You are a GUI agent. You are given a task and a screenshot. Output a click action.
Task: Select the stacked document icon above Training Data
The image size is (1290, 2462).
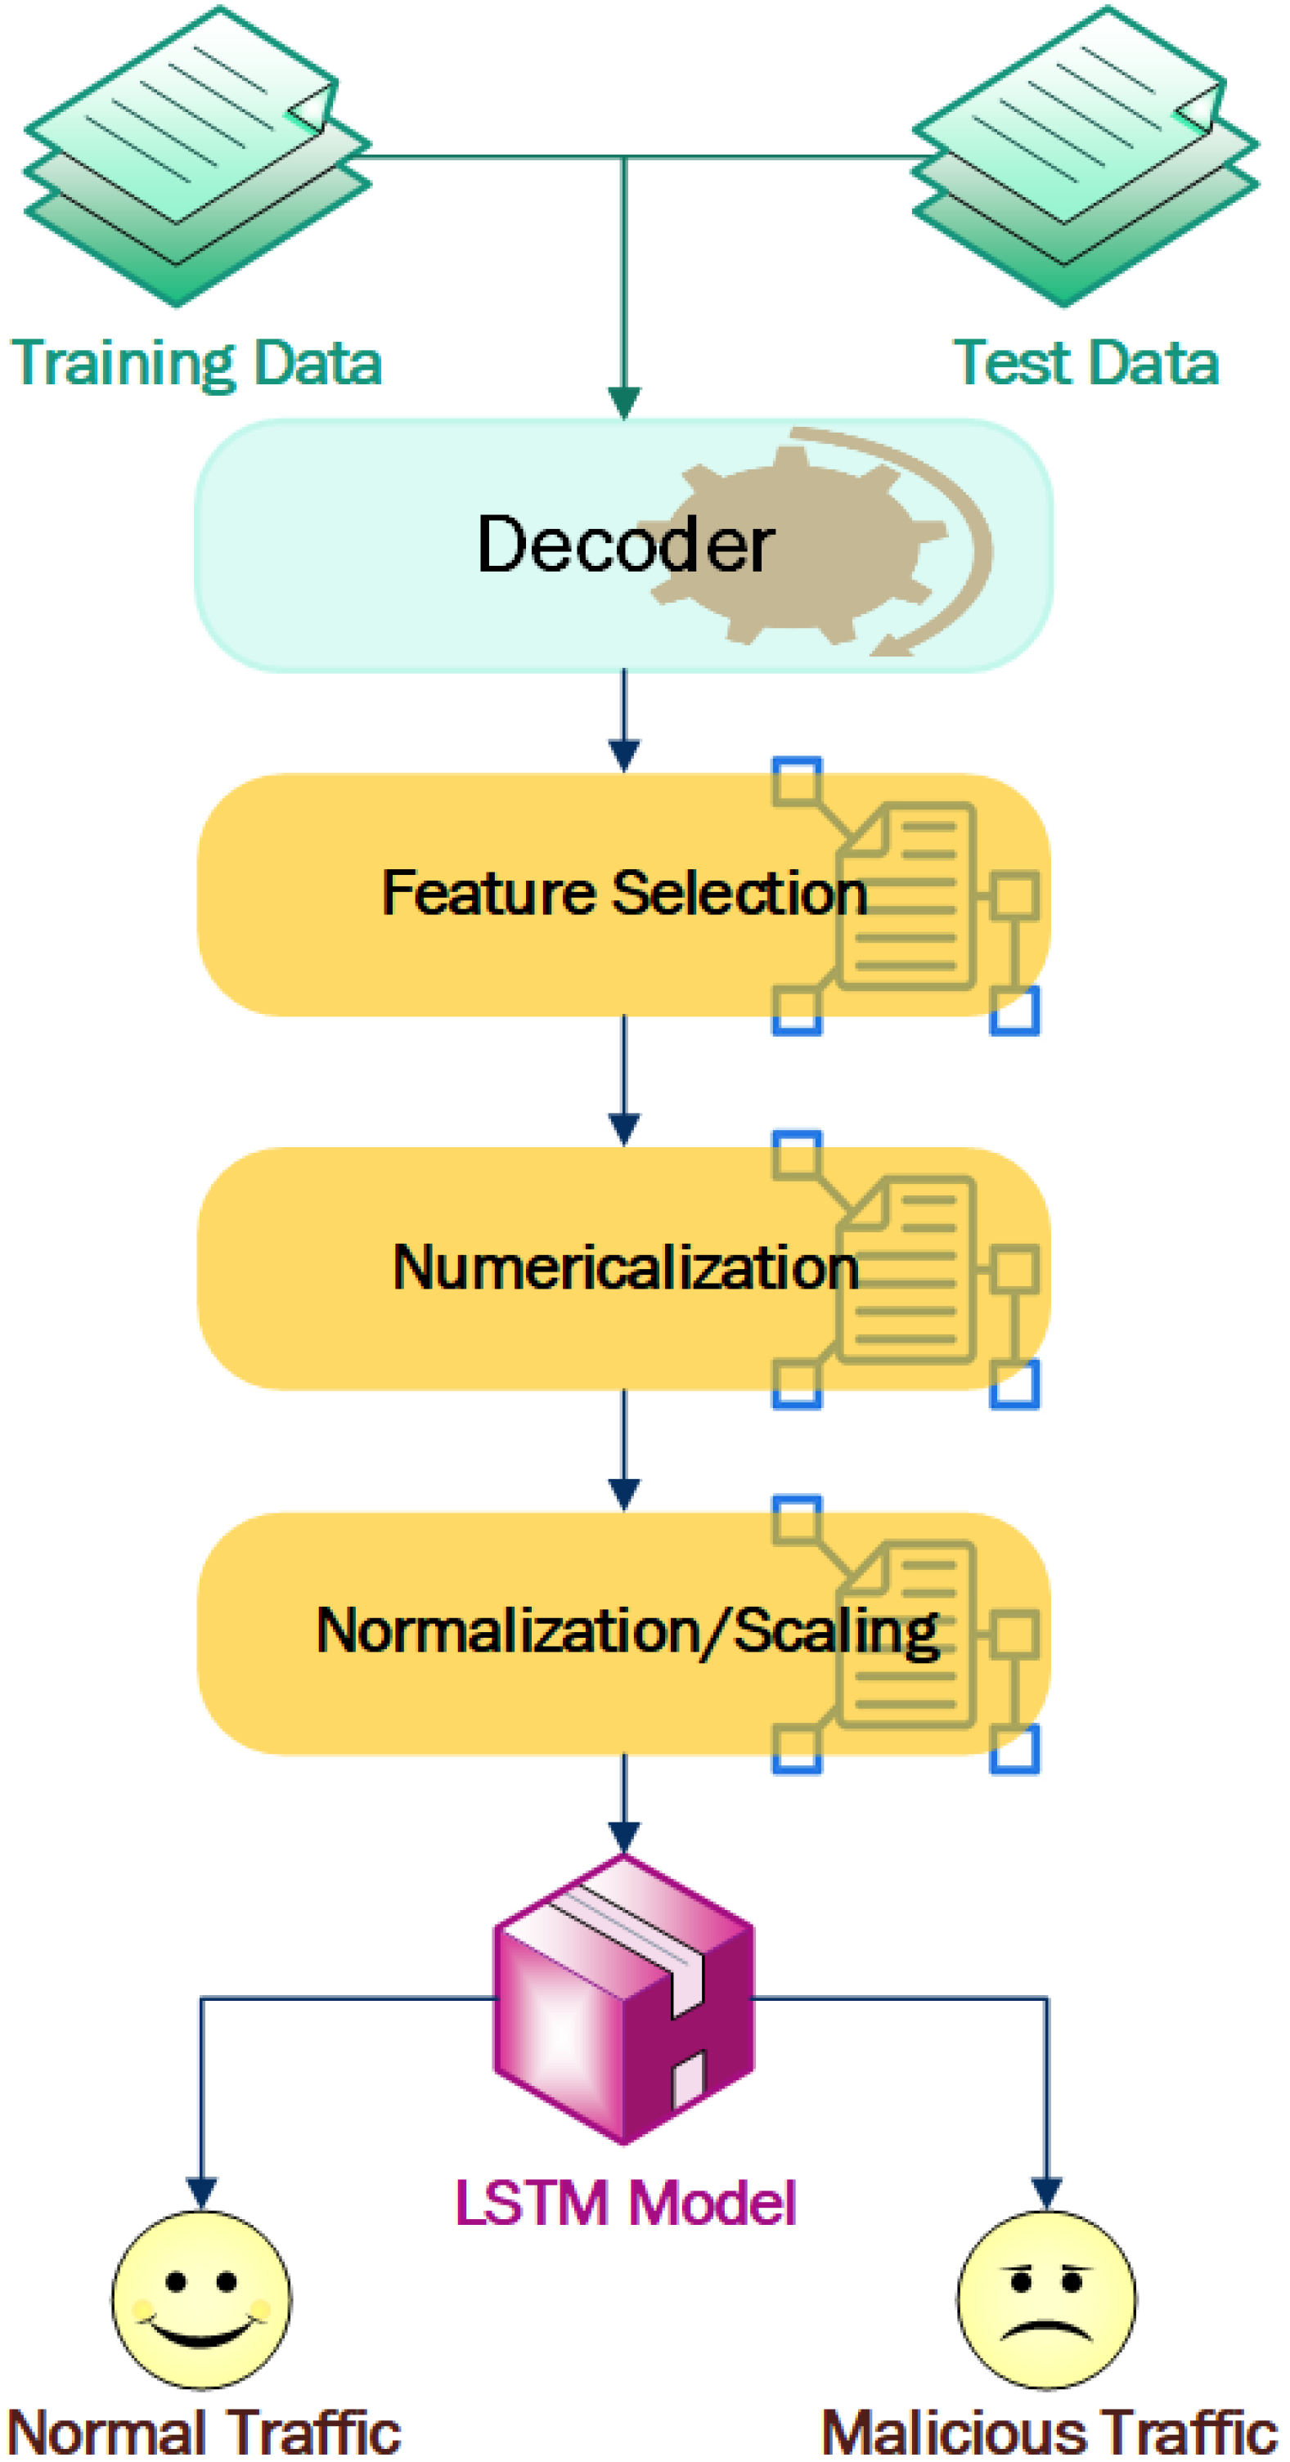[x=196, y=158]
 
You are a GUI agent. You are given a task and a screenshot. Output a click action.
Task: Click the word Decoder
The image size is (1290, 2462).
[x=624, y=545]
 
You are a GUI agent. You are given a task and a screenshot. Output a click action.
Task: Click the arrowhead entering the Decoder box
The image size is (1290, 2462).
[x=624, y=401]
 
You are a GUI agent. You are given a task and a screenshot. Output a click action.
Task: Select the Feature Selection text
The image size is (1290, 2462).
[x=624, y=893]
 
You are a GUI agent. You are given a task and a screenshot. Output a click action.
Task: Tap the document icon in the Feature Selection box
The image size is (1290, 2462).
[x=906, y=896]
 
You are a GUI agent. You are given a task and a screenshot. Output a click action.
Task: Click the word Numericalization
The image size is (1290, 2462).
[x=624, y=1267]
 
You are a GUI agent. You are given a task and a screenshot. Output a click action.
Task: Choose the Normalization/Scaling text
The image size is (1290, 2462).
[x=627, y=1631]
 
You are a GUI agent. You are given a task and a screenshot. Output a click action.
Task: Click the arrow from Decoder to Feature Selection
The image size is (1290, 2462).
[x=624, y=721]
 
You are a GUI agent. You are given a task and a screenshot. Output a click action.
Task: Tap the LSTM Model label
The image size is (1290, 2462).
[x=624, y=2204]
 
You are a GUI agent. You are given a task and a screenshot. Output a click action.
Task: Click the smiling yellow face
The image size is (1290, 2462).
[x=200, y=2299]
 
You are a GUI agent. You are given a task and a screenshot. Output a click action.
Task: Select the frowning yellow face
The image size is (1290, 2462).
[x=1046, y=2299]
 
